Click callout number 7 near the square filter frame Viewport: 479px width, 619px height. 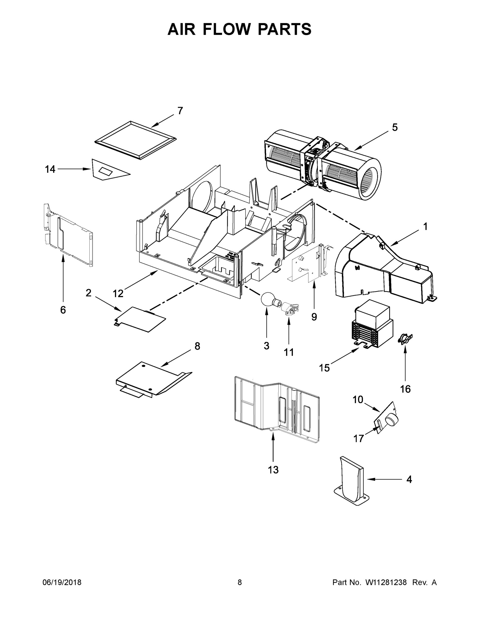[x=180, y=111]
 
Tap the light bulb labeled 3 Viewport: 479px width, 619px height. [x=267, y=299]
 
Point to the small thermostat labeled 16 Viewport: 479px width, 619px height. [x=405, y=338]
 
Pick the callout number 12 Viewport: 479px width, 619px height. [x=118, y=294]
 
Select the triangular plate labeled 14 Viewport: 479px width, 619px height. [x=106, y=170]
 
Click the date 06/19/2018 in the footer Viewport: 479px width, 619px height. [x=62, y=582]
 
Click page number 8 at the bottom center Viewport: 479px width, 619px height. [x=240, y=582]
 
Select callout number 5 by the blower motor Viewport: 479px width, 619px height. [x=395, y=128]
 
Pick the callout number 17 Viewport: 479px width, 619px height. [x=358, y=439]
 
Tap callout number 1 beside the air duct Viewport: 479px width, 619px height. [x=425, y=227]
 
